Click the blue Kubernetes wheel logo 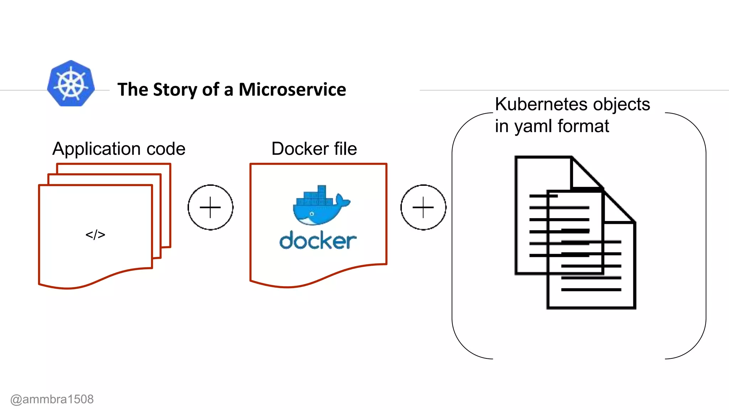(71, 83)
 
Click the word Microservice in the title (292, 89)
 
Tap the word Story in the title (175, 90)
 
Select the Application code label (119, 149)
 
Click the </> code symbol (95, 235)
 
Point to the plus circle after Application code (210, 207)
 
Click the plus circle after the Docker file (423, 207)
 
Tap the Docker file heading (314, 149)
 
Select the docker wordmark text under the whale (318, 241)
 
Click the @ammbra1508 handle (52, 399)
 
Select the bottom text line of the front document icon (591, 290)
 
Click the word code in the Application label (166, 149)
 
